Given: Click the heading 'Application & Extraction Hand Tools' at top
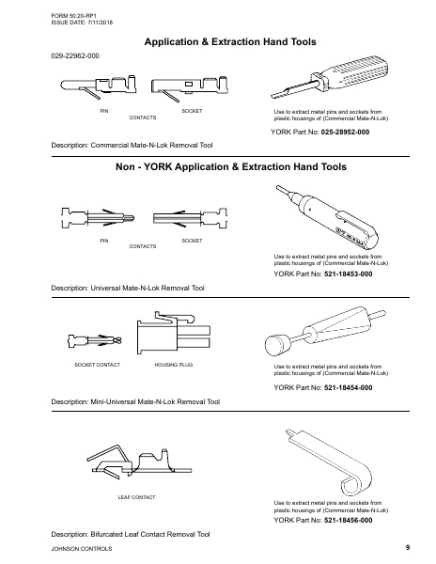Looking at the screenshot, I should click(229, 42).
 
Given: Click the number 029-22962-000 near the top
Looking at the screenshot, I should click(74, 57).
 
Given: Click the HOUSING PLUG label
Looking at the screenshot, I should click(170, 363).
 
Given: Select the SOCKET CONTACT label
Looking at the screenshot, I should click(91, 363).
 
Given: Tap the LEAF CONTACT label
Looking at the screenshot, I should click(136, 494).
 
